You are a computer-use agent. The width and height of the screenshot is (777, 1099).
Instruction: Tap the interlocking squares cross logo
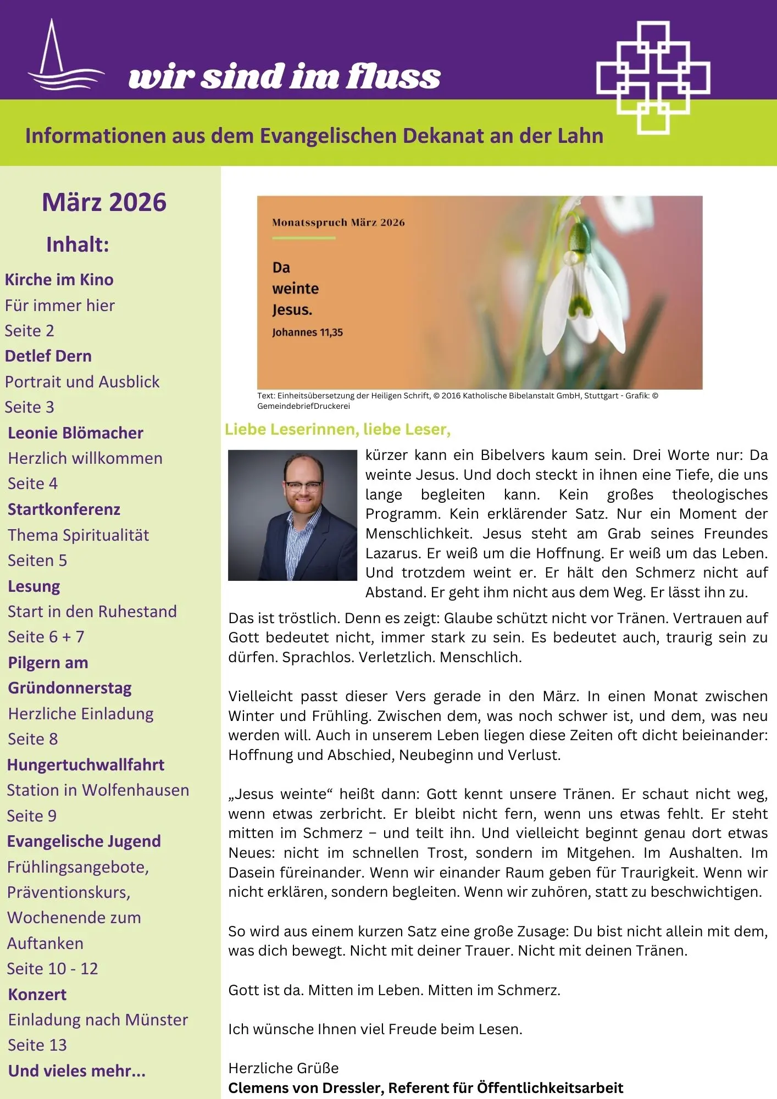(653, 77)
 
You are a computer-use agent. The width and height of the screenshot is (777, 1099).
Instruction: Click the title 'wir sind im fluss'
(284, 76)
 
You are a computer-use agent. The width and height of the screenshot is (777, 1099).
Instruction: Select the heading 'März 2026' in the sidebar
(104, 202)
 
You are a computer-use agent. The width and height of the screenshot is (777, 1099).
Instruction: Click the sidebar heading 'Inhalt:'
(77, 245)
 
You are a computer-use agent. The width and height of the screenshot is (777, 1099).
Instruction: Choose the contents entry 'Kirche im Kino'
(59, 280)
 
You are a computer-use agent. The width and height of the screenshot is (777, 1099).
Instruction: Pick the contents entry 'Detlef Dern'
(48, 356)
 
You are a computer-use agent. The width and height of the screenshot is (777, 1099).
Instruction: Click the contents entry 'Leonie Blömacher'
(75, 433)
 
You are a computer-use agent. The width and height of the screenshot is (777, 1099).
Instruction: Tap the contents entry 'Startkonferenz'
(64, 509)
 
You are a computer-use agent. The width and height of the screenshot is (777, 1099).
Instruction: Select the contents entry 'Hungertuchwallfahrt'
(86, 765)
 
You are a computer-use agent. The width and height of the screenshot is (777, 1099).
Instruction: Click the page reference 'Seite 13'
(37, 1045)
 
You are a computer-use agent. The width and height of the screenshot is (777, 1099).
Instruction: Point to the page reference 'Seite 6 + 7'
(46, 637)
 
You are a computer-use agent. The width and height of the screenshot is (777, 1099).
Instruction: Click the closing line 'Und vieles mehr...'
(77, 1071)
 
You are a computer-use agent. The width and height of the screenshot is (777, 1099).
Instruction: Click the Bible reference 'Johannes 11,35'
(307, 332)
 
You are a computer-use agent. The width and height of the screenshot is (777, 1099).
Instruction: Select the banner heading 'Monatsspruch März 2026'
(338, 223)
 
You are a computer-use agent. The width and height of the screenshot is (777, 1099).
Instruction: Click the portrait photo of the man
(292, 515)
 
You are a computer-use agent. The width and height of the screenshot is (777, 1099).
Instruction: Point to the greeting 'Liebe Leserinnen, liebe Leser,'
(337, 430)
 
